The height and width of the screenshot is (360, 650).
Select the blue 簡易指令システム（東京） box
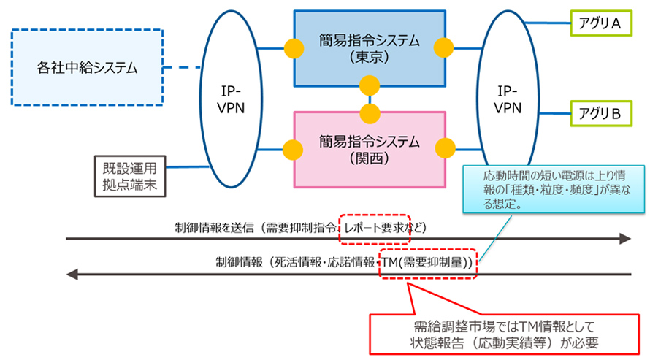(x=369, y=48)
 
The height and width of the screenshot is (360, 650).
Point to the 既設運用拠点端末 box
(x=129, y=176)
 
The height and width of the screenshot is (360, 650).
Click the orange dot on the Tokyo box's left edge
(x=293, y=49)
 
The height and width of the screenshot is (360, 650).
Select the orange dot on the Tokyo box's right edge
(x=444, y=49)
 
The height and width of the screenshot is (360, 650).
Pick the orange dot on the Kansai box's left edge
(x=293, y=149)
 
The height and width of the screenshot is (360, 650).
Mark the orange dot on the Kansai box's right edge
(x=444, y=149)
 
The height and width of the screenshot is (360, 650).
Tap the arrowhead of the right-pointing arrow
(x=624, y=239)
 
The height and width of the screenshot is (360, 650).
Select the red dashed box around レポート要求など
(x=375, y=228)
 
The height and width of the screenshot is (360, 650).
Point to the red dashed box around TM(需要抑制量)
(x=427, y=262)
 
